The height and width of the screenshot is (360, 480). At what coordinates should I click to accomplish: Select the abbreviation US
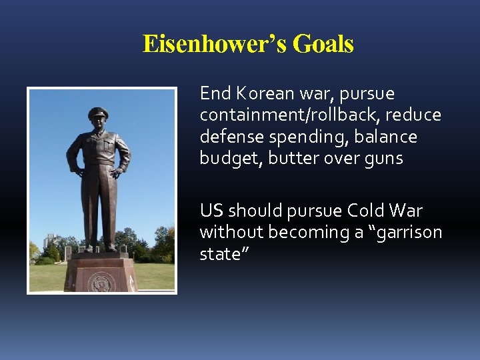[212, 211]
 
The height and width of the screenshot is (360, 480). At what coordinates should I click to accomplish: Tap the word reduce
[415, 115]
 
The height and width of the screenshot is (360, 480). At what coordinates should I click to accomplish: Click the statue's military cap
[98, 113]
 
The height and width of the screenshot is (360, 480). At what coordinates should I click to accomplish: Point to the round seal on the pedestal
[101, 281]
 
